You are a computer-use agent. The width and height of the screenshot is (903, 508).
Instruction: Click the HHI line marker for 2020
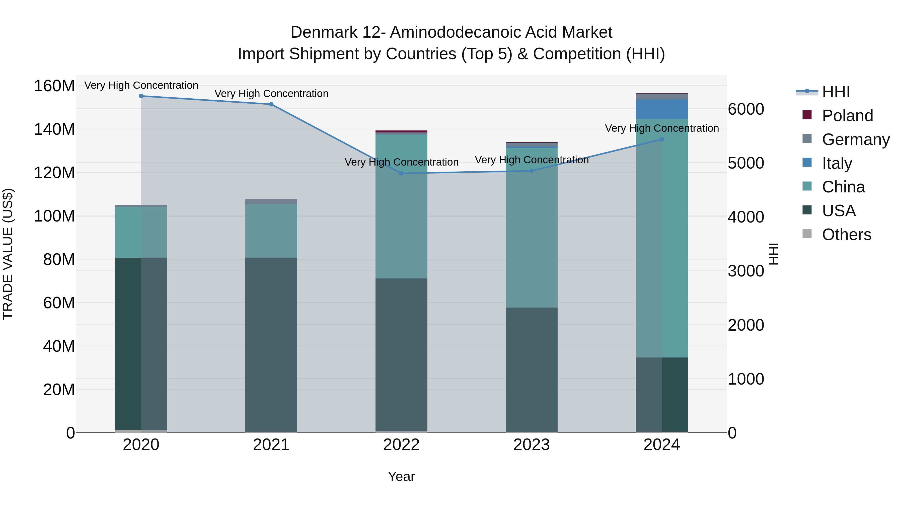141,96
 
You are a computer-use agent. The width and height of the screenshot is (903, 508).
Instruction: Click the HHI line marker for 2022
401,174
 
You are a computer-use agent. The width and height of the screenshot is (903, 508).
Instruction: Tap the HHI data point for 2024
661,139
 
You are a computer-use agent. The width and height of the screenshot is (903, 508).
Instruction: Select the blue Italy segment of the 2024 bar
661,109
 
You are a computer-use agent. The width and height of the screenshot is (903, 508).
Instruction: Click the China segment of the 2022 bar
401,207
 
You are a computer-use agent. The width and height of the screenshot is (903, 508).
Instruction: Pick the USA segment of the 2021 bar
271,345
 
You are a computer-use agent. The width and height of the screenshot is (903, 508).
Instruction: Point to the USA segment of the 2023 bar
532,370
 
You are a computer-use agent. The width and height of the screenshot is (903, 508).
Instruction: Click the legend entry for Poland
847,116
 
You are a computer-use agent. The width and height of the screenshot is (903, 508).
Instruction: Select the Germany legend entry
855,139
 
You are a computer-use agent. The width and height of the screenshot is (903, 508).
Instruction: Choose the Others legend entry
846,235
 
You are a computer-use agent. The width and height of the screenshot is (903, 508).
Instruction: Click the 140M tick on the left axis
54,129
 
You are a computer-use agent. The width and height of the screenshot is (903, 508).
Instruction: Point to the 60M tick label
59,303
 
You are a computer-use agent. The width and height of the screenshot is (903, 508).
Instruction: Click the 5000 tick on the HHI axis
746,163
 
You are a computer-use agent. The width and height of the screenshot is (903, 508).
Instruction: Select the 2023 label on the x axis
532,445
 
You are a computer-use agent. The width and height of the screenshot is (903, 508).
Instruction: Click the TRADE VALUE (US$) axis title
8,254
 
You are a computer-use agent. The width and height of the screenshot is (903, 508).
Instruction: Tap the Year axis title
401,476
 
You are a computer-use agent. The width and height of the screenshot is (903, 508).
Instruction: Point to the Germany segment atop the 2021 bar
271,202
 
